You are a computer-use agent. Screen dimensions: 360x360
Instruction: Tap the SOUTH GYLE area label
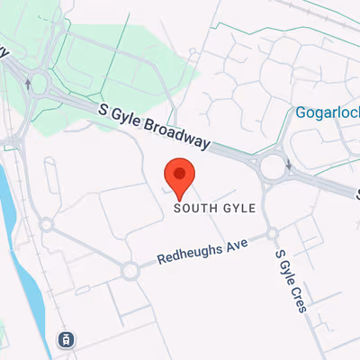(x=215, y=208)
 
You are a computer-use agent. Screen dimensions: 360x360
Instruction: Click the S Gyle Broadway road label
(x=156, y=125)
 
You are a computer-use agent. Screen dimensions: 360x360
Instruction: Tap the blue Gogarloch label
(x=327, y=113)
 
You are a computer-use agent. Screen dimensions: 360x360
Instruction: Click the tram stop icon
(x=66, y=339)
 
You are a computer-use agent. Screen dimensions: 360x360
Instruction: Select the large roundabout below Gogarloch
(x=274, y=166)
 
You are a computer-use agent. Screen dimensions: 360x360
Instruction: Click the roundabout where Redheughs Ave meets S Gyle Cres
(x=273, y=235)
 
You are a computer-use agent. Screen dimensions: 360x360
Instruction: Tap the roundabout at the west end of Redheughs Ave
(x=130, y=269)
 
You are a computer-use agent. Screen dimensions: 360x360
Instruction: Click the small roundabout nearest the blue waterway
(x=47, y=224)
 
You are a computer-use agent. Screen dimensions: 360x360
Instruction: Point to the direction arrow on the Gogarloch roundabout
(x=289, y=165)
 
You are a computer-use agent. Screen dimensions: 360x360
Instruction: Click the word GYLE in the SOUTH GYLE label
(x=238, y=208)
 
